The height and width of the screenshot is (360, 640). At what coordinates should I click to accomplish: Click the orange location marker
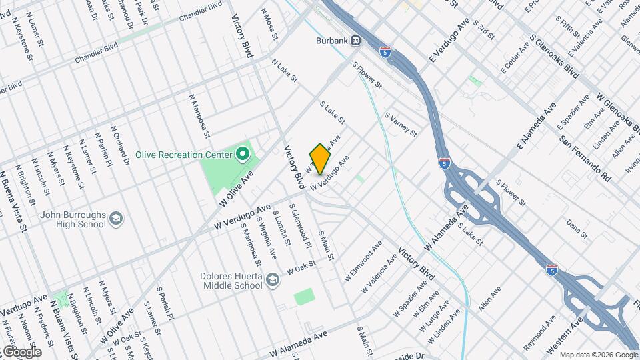click(320, 159)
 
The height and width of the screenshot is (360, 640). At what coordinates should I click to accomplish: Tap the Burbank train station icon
click(356, 40)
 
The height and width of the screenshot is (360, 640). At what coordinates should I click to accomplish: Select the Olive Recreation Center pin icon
click(243, 155)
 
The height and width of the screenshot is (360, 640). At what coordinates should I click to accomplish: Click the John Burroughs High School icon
click(117, 219)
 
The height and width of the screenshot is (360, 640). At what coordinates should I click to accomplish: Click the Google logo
click(21, 352)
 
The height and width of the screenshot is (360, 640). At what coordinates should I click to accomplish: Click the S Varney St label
click(401, 124)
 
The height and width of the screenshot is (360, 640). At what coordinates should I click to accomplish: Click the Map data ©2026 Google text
click(599, 355)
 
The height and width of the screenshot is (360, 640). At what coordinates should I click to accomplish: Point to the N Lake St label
click(284, 71)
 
